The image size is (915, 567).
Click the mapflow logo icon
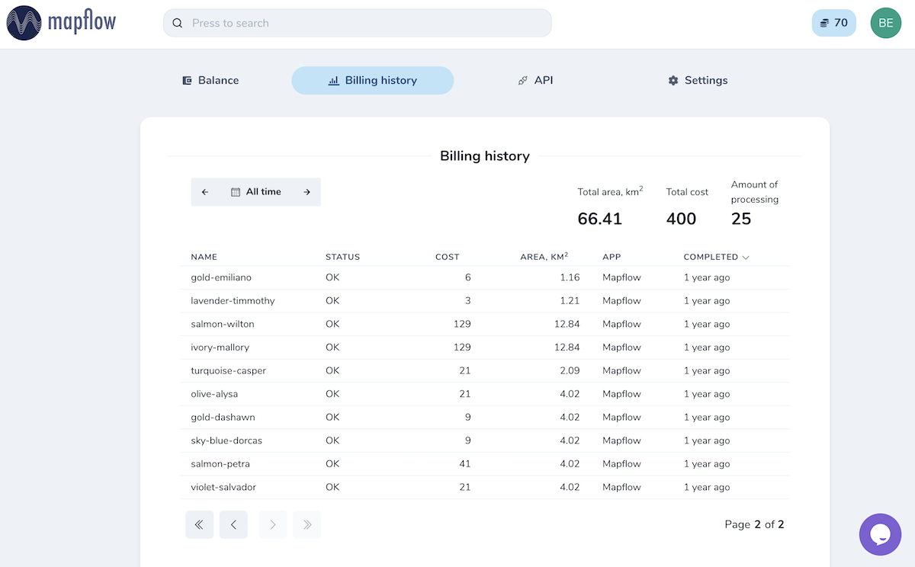(24, 23)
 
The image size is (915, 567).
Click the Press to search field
(358, 23)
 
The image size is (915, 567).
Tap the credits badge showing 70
(833, 23)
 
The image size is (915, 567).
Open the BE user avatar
(885, 23)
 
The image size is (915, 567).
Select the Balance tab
(210, 81)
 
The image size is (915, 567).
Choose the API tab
(535, 81)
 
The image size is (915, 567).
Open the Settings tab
(698, 81)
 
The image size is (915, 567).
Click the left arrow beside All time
(205, 192)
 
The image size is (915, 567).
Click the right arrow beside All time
(307, 192)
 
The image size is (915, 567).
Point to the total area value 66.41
(599, 219)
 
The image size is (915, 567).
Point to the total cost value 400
(681, 219)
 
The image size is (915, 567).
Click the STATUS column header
(342, 257)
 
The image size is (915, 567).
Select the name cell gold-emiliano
(221, 277)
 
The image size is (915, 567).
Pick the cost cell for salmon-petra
(465, 463)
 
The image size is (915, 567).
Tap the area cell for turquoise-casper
(570, 370)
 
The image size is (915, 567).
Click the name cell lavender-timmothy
(233, 301)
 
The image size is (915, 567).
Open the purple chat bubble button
(880, 534)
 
